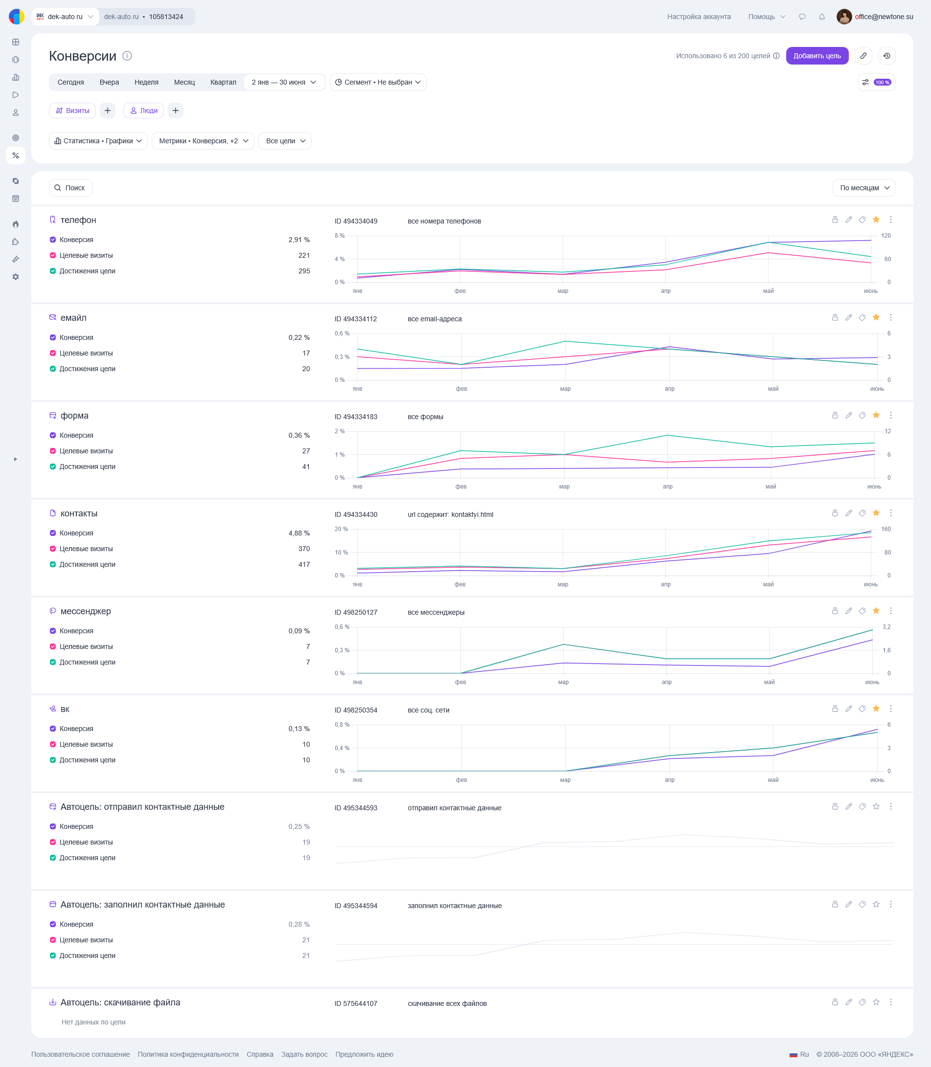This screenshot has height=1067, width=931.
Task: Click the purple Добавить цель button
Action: (817, 56)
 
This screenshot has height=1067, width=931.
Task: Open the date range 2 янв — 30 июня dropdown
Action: (284, 82)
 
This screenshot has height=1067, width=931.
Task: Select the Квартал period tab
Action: (223, 82)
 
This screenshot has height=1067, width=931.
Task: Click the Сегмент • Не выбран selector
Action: (378, 82)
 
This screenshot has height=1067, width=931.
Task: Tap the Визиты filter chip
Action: (73, 111)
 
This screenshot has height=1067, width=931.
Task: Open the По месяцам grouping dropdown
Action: (863, 188)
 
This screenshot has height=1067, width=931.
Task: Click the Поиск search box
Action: (70, 188)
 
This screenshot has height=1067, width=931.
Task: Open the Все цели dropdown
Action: (285, 141)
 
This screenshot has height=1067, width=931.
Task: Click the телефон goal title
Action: (78, 220)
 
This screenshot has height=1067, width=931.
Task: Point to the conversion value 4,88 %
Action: (299, 533)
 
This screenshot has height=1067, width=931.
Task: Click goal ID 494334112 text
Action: (356, 319)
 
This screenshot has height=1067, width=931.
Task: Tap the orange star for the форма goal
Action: (876, 415)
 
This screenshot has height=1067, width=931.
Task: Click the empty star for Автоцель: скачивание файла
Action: (876, 1002)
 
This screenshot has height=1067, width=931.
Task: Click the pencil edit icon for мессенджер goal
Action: (848, 611)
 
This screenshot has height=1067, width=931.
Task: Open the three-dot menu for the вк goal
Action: (890, 709)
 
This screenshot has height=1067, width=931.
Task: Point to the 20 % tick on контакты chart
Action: (341, 529)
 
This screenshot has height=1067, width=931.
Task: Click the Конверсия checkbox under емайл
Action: (53, 337)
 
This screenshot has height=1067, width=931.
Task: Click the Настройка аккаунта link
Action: (699, 17)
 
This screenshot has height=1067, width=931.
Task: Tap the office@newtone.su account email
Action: (884, 17)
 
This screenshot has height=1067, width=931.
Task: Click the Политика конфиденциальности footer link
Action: (188, 1054)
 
